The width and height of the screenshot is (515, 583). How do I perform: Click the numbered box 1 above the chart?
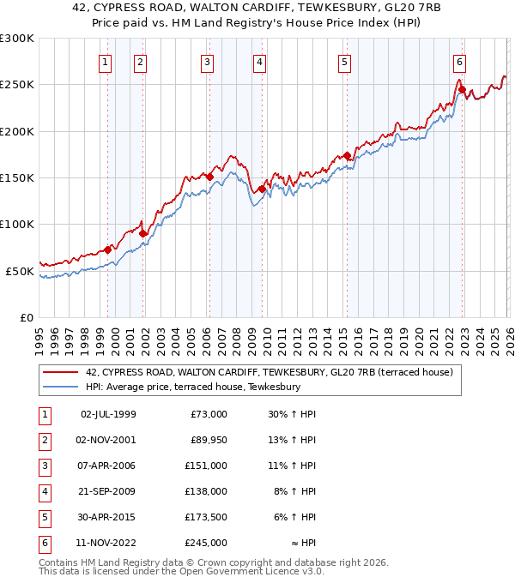pos(105,62)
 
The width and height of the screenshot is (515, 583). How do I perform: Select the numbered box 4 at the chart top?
pos(258,62)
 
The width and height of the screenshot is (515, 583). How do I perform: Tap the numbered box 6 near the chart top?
pos(460,62)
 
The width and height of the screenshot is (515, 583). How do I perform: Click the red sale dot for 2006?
pos(209,177)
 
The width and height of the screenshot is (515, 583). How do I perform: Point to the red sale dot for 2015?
pos(347,156)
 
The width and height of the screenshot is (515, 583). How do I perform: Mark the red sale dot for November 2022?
pos(462,89)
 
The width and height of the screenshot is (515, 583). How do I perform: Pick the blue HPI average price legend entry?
pos(192,388)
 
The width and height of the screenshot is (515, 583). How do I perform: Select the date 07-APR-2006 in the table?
pos(108,466)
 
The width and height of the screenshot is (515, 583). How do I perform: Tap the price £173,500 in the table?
pos(205,517)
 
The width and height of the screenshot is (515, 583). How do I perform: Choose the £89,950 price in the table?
pos(207,440)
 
